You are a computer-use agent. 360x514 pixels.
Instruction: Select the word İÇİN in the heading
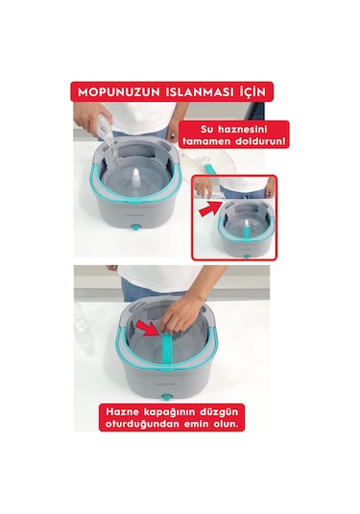250,93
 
